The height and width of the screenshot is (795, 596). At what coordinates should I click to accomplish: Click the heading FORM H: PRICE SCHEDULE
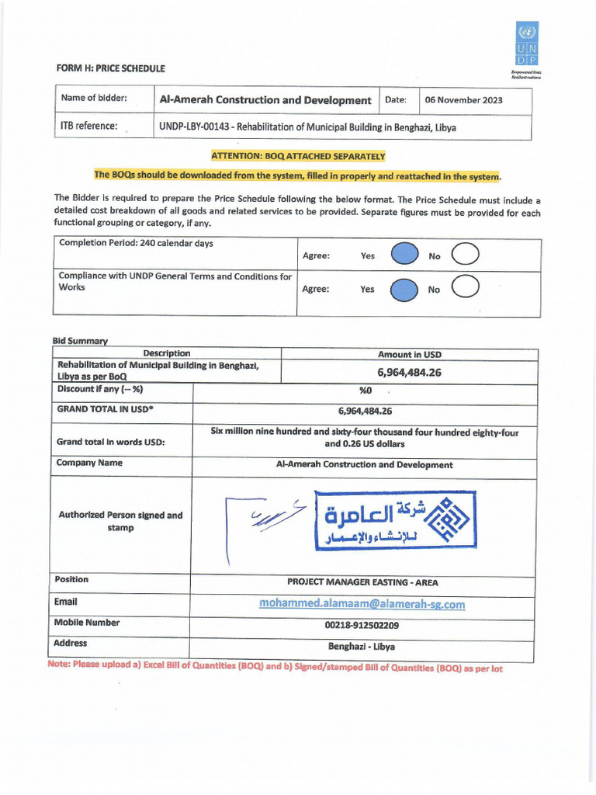tap(110, 68)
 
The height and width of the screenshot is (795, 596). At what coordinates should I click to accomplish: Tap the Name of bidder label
tap(94, 98)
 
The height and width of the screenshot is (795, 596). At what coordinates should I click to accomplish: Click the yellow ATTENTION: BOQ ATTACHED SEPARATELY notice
tap(298, 156)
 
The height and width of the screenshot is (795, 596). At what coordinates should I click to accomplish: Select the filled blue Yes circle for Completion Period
tap(404, 255)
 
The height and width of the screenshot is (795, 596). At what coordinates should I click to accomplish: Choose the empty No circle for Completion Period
tap(464, 255)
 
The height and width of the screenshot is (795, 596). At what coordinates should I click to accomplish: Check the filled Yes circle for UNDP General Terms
tap(404, 290)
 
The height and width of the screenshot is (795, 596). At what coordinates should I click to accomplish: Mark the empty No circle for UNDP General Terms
tap(464, 289)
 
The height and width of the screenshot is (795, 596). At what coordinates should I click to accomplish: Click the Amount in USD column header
tap(409, 354)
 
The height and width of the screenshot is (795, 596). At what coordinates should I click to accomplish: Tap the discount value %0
tap(366, 391)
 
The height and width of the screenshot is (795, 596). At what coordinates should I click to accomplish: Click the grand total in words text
tap(365, 439)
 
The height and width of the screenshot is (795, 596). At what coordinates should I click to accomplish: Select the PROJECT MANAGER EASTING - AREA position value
tap(362, 582)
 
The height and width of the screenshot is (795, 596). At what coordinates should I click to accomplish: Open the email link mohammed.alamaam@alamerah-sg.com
tap(362, 604)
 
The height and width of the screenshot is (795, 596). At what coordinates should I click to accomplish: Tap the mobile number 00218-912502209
tap(362, 625)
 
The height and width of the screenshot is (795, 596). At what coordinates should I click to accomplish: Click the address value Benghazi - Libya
tap(362, 646)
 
